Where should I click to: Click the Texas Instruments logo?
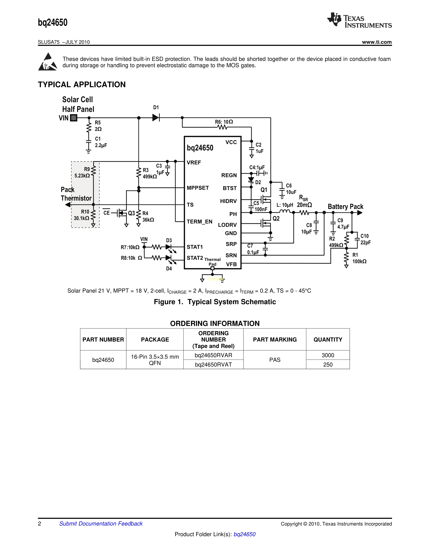coord(359,20)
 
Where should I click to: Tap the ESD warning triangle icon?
coord(48,62)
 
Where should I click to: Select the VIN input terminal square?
coord(74,118)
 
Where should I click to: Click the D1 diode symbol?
coord(156,118)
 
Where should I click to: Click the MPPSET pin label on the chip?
coord(198,188)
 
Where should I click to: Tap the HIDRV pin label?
coord(228,201)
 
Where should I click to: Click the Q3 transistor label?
coord(132,213)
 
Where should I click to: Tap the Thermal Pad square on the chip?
coord(212,268)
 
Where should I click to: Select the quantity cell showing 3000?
coord(328,355)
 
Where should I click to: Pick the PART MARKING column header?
coord(275,339)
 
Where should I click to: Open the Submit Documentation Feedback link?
coord(101,524)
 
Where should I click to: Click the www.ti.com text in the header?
coord(377,42)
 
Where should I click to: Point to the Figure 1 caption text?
coord(215,302)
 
